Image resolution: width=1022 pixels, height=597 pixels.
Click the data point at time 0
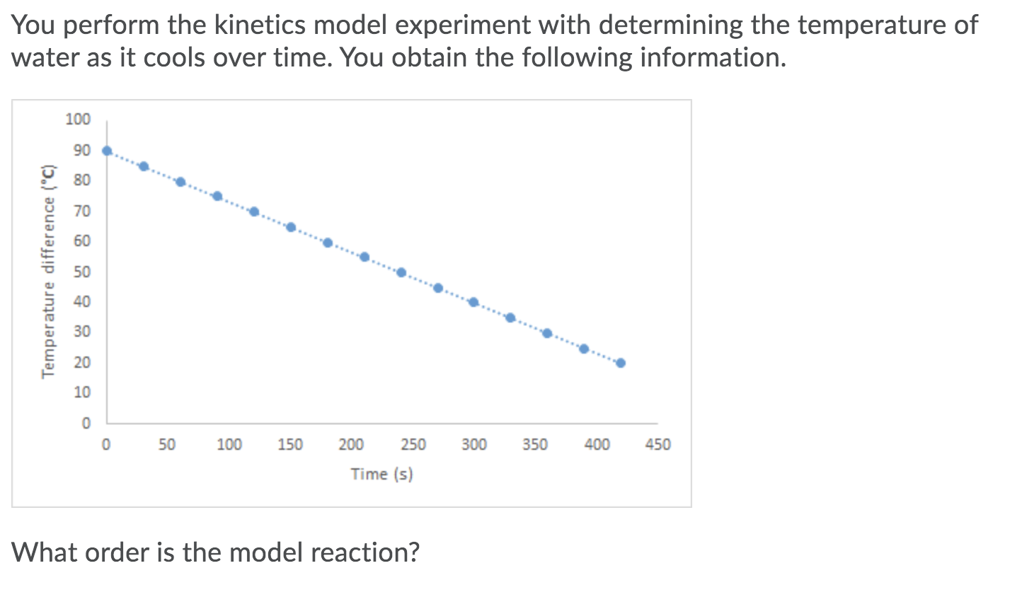(x=107, y=151)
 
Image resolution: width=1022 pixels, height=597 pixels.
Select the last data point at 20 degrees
(x=621, y=363)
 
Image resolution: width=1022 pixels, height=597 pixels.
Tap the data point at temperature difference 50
(x=401, y=272)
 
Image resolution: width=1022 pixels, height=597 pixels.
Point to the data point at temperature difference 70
(x=254, y=211)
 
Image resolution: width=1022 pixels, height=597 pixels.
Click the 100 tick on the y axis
(x=78, y=119)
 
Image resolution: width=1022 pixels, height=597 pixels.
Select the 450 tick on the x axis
(x=658, y=445)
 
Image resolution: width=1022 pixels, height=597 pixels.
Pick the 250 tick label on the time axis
(x=413, y=445)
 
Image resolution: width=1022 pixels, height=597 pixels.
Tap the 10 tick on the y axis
(x=82, y=393)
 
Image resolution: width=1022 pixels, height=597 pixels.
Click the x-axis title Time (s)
(x=381, y=474)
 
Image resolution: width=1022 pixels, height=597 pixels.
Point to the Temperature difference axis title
(x=48, y=271)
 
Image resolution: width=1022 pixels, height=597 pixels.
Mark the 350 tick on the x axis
(x=535, y=445)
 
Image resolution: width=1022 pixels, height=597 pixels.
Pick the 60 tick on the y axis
(x=82, y=241)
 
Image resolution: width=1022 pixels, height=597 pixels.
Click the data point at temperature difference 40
(x=473, y=302)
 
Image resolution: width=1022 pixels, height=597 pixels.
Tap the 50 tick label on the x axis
(x=167, y=445)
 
